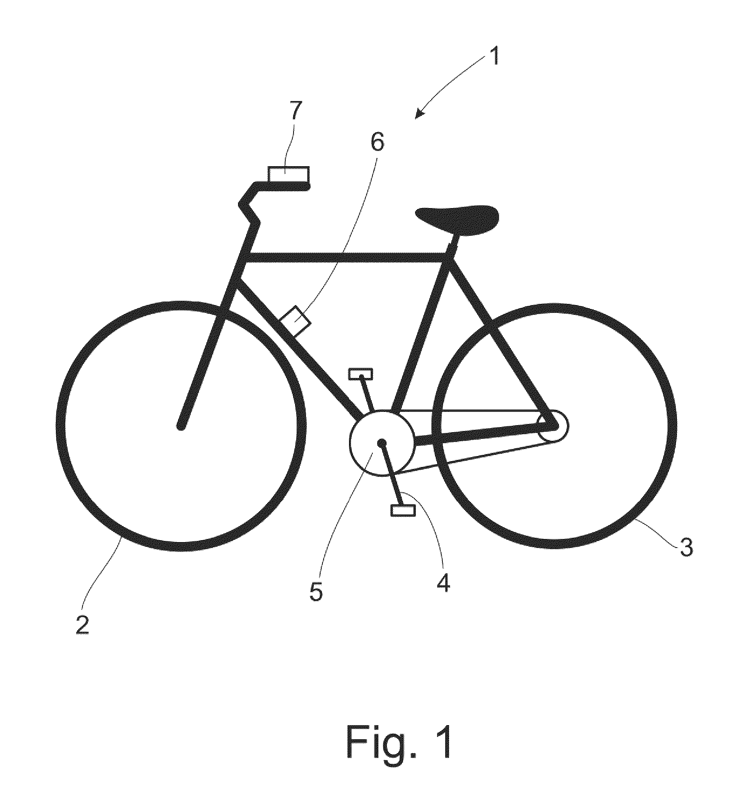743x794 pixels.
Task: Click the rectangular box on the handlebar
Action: (x=288, y=174)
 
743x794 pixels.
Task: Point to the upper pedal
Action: (x=361, y=374)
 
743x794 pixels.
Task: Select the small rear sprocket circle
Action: (x=553, y=427)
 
